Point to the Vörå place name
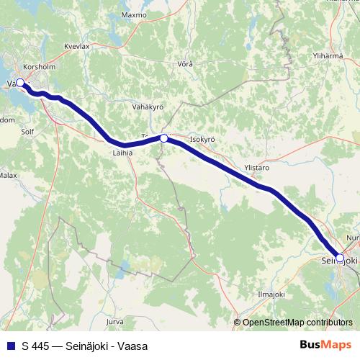tap(185, 63)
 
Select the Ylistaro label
tap(257, 167)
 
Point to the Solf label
tap(27, 132)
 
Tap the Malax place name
tap(8, 175)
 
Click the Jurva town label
tap(114, 321)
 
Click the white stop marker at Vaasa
tap(20, 83)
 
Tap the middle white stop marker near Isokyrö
tap(164, 138)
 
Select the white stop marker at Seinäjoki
tap(340, 256)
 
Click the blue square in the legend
tap(10, 346)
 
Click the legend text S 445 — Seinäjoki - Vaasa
tap(84, 346)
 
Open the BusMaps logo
tap(326, 346)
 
